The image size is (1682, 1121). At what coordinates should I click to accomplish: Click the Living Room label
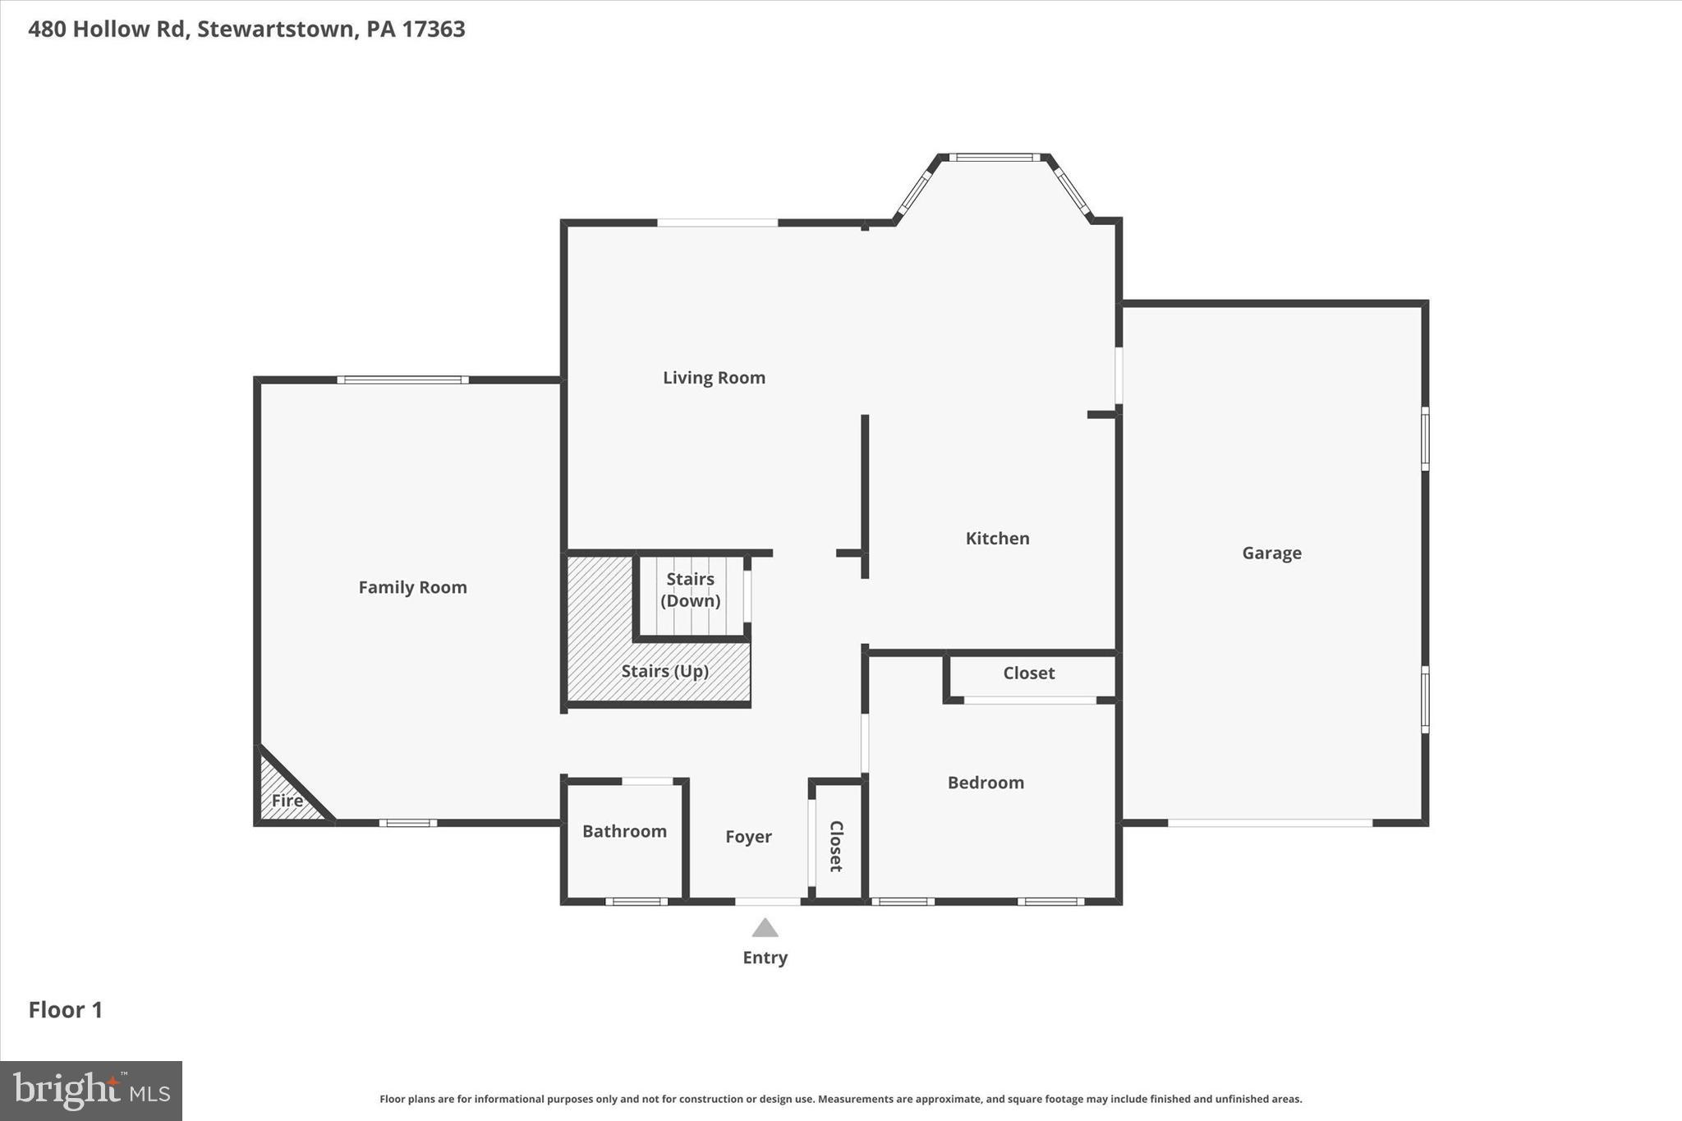(714, 378)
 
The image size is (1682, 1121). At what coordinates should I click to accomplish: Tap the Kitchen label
(997, 539)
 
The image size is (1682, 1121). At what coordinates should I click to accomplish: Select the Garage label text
(1271, 554)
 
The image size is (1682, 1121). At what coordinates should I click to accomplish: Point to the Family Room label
(412, 587)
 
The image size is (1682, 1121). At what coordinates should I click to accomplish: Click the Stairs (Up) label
(664, 672)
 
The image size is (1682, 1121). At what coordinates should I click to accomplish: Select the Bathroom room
(624, 832)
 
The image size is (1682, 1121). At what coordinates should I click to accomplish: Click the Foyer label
(748, 837)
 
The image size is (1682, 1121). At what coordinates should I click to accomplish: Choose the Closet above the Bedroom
(1028, 673)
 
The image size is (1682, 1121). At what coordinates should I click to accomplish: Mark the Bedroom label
(986, 783)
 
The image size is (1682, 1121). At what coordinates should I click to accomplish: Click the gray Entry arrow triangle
(765, 929)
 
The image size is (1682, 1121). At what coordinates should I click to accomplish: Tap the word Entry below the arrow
(765, 958)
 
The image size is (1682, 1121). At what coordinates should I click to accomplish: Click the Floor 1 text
(66, 1010)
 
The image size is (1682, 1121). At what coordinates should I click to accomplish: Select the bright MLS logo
(91, 1091)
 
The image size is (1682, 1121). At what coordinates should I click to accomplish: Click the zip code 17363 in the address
(433, 30)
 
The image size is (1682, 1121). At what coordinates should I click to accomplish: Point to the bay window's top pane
(994, 158)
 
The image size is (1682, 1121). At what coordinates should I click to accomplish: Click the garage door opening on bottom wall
(1270, 822)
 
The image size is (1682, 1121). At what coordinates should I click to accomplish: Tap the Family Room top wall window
(402, 380)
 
